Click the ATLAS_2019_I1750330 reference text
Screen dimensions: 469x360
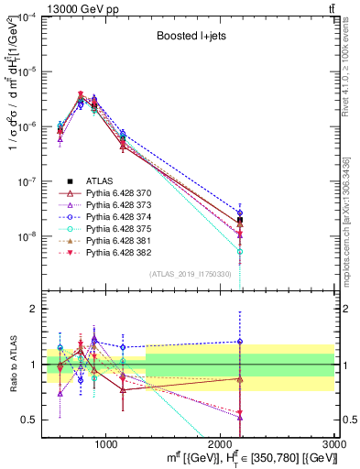[189, 274]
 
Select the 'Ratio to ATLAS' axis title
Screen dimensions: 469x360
[12, 365]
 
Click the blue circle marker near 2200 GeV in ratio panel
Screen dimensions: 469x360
[240, 342]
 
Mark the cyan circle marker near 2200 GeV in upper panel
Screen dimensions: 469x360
[240, 251]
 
